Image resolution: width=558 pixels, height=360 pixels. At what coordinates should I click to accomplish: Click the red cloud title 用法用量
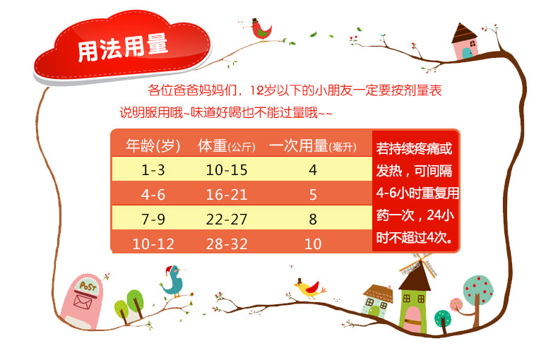tap(122, 47)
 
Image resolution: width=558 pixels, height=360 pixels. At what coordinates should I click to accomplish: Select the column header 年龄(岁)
tap(153, 145)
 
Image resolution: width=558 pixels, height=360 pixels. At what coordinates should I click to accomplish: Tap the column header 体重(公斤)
tap(227, 145)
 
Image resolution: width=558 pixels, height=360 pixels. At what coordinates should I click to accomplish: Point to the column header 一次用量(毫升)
tap(312, 145)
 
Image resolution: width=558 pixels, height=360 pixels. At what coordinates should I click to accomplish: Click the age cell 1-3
tap(153, 170)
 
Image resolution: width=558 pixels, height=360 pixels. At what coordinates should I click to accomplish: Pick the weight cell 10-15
tap(227, 170)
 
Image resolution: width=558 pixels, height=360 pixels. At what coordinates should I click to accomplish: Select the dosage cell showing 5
tap(313, 195)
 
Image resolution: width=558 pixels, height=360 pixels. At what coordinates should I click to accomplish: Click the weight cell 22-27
tap(227, 219)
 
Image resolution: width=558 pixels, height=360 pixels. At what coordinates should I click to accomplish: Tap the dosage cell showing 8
tap(313, 219)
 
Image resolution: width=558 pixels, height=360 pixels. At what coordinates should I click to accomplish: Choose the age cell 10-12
tap(153, 244)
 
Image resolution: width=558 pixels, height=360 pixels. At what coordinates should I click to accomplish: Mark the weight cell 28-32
tap(227, 244)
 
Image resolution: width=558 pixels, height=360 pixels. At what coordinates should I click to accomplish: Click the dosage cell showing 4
tap(313, 170)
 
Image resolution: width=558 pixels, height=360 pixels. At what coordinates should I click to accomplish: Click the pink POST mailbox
tap(82, 301)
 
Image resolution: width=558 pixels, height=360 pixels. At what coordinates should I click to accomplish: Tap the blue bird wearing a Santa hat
tap(173, 281)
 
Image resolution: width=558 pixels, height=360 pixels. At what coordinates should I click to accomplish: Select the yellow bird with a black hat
tap(309, 288)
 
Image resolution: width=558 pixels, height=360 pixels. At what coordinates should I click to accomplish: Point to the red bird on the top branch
tap(261, 29)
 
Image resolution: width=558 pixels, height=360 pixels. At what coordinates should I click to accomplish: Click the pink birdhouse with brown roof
tap(465, 42)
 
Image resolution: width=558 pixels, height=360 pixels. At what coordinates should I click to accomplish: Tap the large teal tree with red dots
tap(477, 297)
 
